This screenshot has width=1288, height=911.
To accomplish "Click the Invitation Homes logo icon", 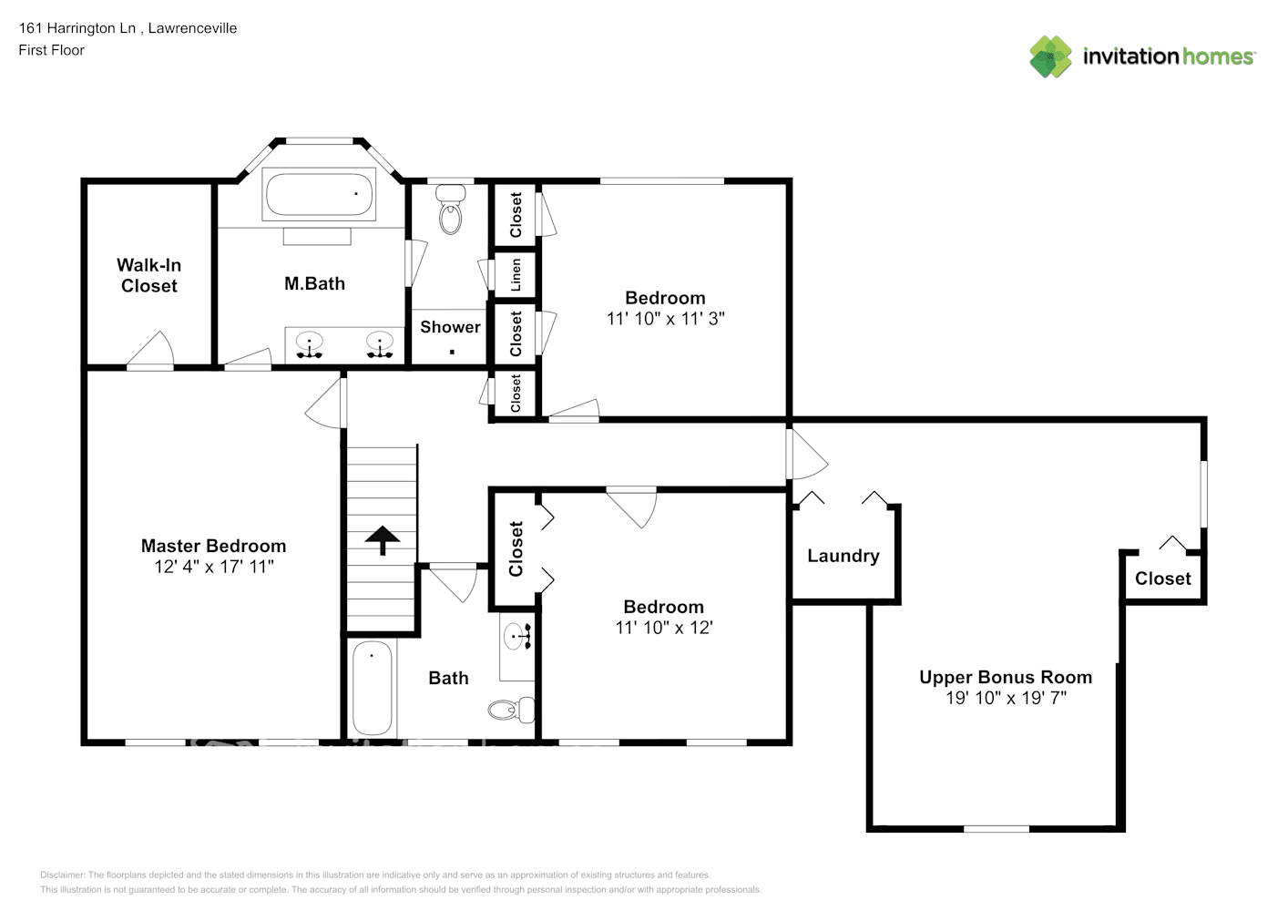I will pos(1050,56).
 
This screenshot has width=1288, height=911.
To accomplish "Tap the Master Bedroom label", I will pos(213,546).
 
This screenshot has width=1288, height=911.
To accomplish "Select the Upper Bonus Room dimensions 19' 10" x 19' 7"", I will pos(1006,698).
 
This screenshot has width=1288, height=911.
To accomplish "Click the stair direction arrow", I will pos(383,540).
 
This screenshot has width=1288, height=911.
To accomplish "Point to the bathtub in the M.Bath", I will pos(319,193).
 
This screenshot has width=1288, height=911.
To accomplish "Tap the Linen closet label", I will pos(516,274).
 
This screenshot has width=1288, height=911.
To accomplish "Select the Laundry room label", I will pos(843,556).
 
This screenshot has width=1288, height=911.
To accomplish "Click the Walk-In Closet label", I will pos(149,275).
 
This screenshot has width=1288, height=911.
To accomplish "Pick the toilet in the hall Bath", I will pos(511,709).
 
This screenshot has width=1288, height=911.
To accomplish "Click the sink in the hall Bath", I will pos(517,637).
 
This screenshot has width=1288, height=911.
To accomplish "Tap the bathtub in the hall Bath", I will pos(372,688).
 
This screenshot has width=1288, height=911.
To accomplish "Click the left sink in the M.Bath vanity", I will pos(310,344).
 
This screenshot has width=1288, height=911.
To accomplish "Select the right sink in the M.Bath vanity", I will pos(379,344).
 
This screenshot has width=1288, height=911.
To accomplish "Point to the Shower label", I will pos(450,327).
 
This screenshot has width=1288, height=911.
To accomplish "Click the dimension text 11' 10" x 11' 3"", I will pos(665,319).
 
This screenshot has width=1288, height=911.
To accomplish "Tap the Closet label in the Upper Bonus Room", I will pos(1162,578).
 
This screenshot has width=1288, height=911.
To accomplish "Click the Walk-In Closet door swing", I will pos(152,352).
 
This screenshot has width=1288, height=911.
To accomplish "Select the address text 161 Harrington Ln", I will pos(77,28).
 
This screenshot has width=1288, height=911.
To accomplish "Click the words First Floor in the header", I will pos(51,50).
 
